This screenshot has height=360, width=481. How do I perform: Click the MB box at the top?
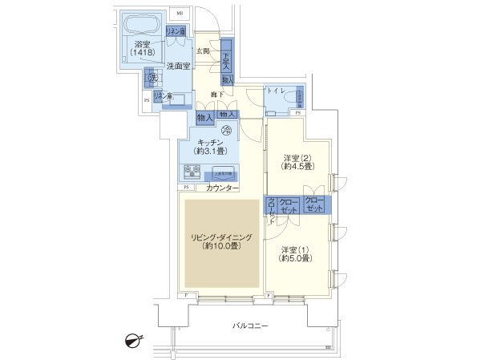180,14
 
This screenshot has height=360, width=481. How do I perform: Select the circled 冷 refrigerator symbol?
226,131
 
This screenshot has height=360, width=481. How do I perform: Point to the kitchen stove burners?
192,171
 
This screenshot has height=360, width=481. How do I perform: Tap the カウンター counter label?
221,188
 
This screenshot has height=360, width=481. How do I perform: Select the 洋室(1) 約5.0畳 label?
296,253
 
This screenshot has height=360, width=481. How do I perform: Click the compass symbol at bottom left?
133,341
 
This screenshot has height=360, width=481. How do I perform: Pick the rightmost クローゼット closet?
315,205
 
